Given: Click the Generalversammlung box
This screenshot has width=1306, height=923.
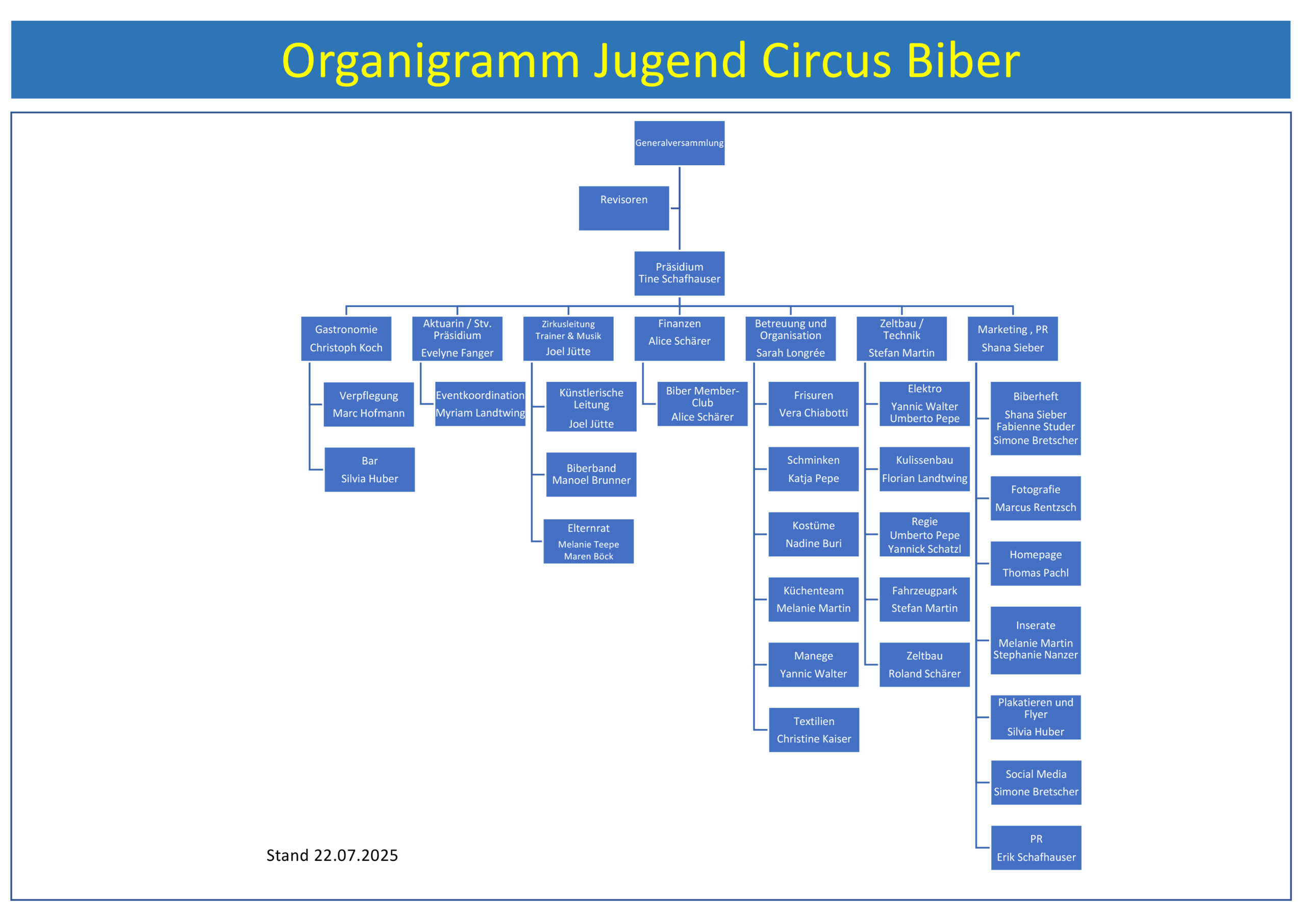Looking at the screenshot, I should tap(679, 143).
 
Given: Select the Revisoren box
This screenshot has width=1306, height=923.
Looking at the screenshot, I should tap(623, 208).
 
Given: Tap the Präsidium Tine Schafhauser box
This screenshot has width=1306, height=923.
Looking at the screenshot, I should tap(679, 273).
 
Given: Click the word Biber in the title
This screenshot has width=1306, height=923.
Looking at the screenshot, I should tap(963, 60).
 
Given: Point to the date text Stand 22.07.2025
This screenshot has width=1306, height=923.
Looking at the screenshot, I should tap(332, 855).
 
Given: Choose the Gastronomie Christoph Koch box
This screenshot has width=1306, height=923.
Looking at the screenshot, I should tap(346, 339).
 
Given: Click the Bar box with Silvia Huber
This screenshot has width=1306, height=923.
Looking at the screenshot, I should tap(369, 469).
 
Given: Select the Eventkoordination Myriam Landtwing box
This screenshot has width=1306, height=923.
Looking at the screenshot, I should tap(480, 404).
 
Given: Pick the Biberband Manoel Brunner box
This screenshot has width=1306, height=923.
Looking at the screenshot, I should tap(591, 474).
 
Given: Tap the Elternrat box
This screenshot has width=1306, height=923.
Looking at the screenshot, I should tap(588, 541).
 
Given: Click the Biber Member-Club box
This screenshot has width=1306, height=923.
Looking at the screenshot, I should tap(702, 404).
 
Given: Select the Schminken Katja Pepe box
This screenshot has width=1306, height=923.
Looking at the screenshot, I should tap(813, 469).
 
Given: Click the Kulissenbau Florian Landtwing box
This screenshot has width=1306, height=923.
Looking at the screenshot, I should tap(924, 469).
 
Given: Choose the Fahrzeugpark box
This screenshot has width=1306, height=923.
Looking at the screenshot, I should tap(924, 599).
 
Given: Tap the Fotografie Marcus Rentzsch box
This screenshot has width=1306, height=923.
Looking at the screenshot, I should tap(1035, 498).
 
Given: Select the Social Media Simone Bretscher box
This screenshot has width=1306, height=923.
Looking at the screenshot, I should tap(1036, 783).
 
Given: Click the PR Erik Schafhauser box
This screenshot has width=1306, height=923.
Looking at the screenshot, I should tap(1036, 848).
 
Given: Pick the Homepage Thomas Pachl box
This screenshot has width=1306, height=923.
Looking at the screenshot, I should tap(1035, 563).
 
